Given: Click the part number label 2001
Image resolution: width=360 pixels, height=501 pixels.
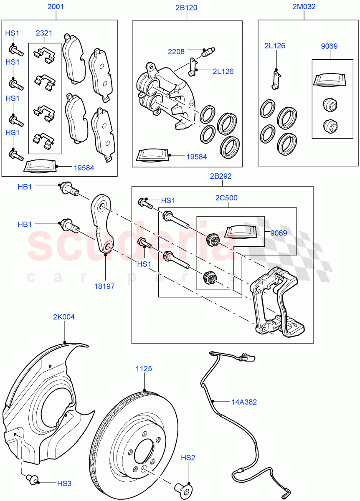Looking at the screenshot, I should tap(56, 7).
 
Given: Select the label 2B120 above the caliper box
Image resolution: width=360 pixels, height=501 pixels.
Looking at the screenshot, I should tap(186, 8).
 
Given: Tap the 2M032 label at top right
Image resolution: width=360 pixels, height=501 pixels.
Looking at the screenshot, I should tap(304, 7).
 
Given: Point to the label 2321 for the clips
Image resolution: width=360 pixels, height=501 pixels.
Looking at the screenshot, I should tap(44, 33).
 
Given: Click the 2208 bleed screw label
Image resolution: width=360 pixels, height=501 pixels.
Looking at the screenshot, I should tap(176, 52).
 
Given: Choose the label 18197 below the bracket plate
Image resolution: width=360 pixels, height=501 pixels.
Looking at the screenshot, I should tap(105, 286).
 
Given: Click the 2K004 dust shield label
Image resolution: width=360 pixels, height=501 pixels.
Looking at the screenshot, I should tap(64, 317).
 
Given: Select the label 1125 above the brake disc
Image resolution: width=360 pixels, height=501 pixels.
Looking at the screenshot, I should tap(144, 369).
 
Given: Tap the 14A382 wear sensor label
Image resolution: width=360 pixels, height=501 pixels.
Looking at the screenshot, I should tap(244, 402).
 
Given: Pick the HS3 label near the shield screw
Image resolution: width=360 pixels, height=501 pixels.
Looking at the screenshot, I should tap(64, 483).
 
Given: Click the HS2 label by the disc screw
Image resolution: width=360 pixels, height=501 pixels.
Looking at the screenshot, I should tap(188, 458).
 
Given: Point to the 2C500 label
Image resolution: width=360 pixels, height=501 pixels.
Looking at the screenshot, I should tap(227, 198).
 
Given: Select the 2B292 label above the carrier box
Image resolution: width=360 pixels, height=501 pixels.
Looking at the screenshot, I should tap(221, 176).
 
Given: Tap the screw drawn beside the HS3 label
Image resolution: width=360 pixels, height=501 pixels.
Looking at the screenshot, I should tap(32, 478).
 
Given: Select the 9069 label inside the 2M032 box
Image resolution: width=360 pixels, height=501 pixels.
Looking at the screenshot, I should tap(329, 46).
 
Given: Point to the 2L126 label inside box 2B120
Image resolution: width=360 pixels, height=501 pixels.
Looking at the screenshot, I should tap(223, 71).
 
